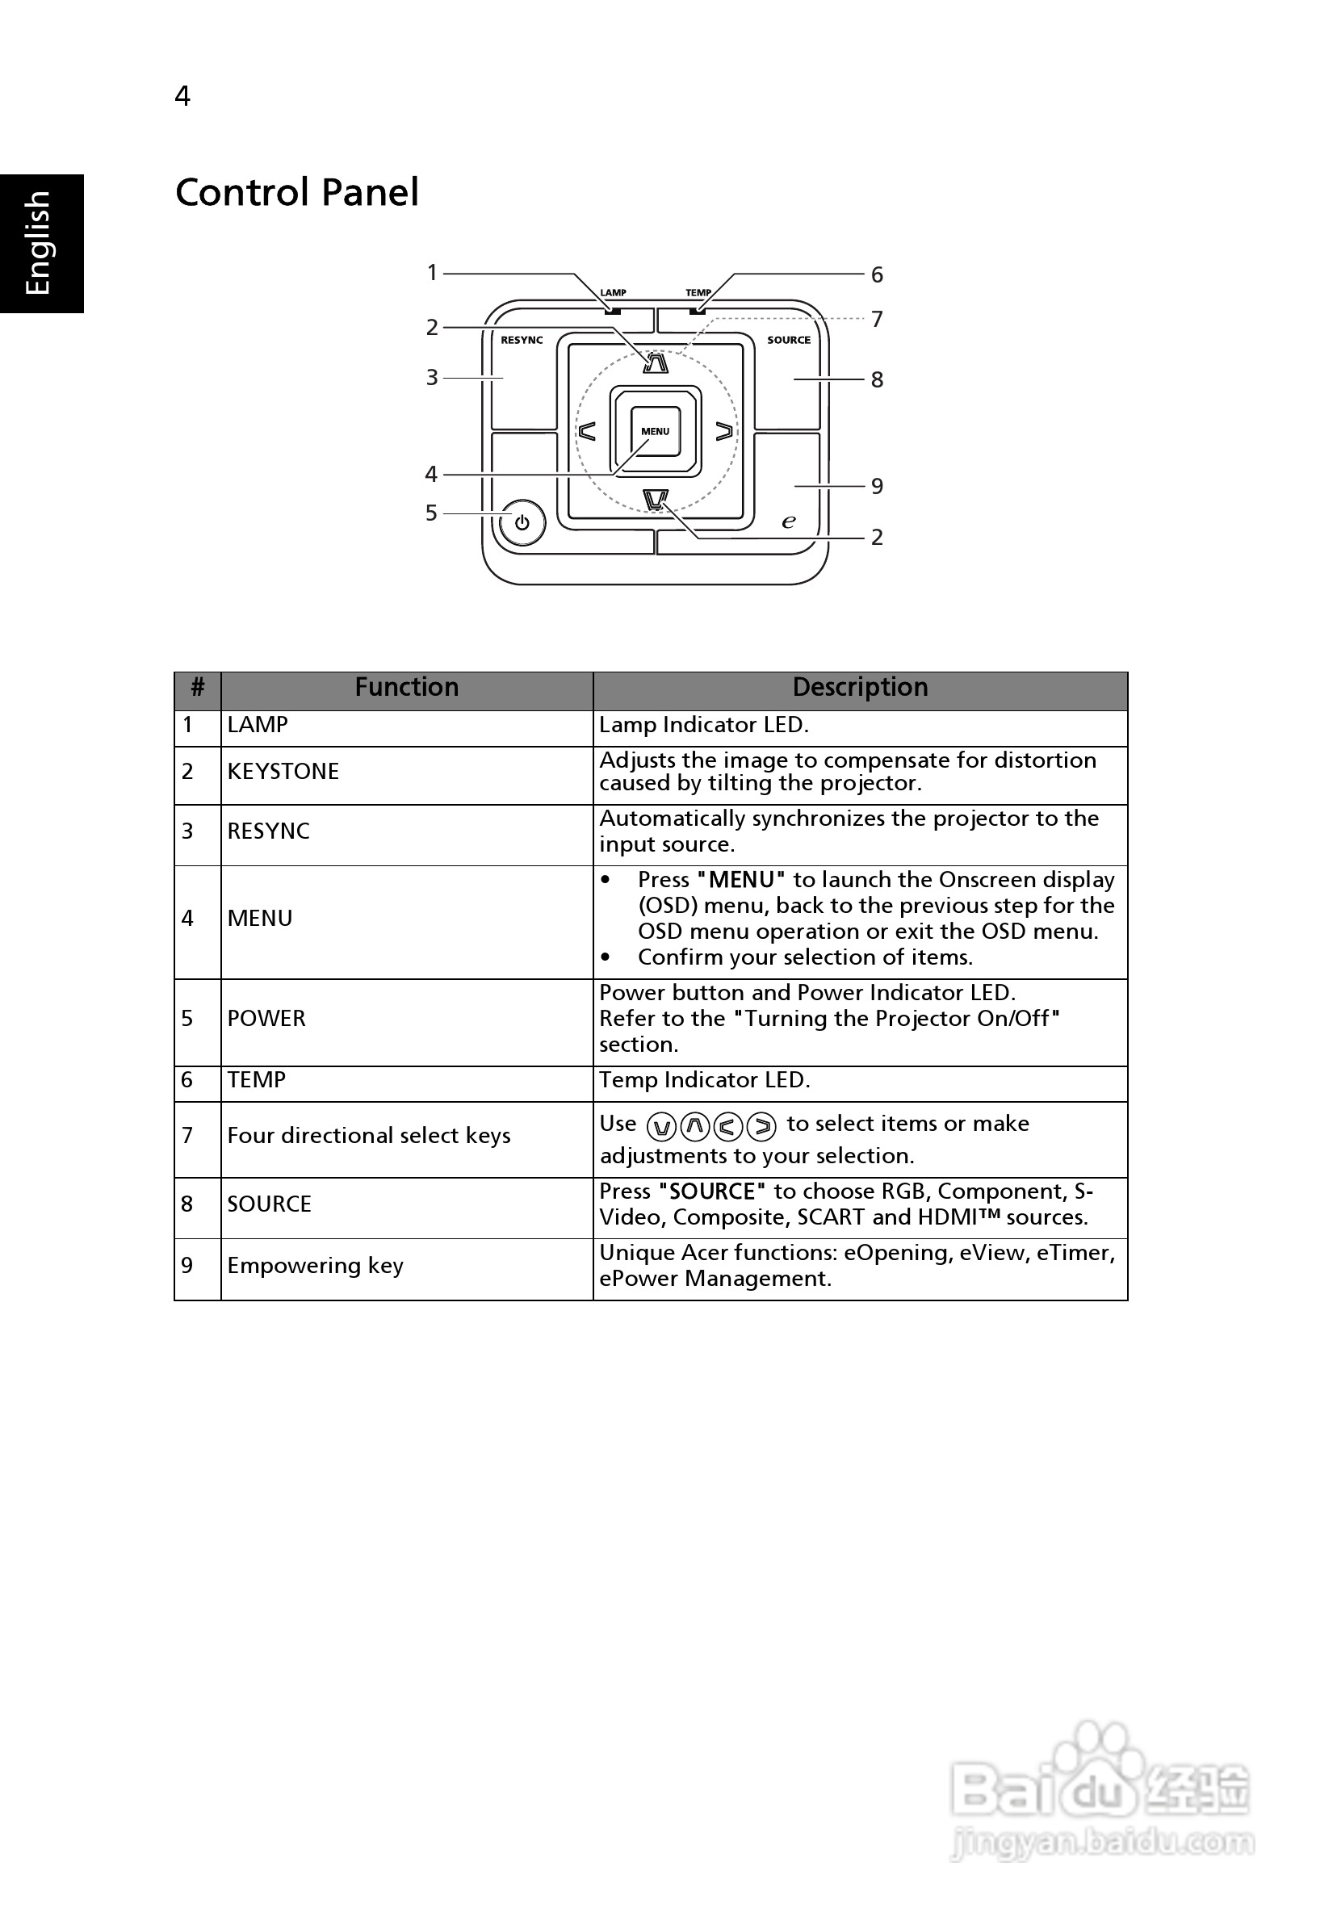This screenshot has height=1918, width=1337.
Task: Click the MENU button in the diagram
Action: [x=655, y=431]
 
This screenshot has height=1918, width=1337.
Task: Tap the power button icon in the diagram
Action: [x=522, y=523]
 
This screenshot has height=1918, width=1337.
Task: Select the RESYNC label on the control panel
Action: [x=522, y=340]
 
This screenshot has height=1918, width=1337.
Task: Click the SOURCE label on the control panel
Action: [x=789, y=340]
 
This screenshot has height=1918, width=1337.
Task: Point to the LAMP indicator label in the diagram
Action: [x=614, y=292]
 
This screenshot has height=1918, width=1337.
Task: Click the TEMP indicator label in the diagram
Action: [x=698, y=292]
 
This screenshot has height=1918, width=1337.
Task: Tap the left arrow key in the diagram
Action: [x=588, y=431]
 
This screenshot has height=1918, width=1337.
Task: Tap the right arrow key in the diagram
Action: [x=723, y=431]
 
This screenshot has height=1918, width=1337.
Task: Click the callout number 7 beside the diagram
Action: [x=877, y=319]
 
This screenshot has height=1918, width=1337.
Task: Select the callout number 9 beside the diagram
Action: [x=877, y=486]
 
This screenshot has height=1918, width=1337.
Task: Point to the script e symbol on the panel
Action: [x=788, y=521]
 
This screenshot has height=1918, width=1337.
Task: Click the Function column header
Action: [x=406, y=688]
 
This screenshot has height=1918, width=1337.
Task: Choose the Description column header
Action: [x=860, y=688]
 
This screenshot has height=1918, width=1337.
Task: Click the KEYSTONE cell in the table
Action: [x=283, y=771]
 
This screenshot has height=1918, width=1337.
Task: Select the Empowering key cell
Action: [x=315, y=1266]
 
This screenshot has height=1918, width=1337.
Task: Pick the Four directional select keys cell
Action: [x=368, y=1135]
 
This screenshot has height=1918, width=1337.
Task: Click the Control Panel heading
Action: [x=296, y=192]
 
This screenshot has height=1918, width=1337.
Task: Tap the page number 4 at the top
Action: [x=182, y=96]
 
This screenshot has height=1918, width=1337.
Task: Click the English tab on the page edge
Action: [x=39, y=243]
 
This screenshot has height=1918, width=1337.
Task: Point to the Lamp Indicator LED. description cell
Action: [x=703, y=724]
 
